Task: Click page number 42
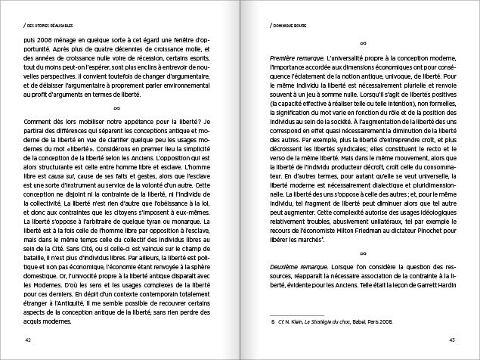[28, 340]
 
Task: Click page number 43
[451, 340]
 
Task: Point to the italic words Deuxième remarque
[293, 270]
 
